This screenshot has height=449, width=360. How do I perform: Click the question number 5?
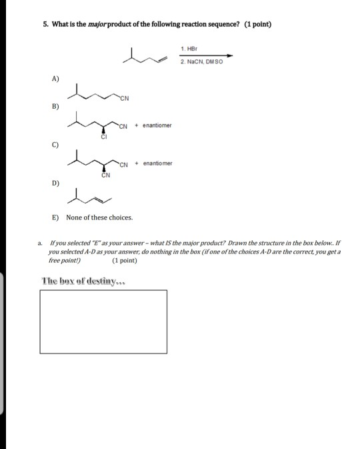point(45,25)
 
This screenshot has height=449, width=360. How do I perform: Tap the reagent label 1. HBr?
point(189,49)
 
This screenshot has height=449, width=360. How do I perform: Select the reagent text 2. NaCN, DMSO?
point(202,61)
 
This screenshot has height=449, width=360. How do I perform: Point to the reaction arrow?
point(207,55)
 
